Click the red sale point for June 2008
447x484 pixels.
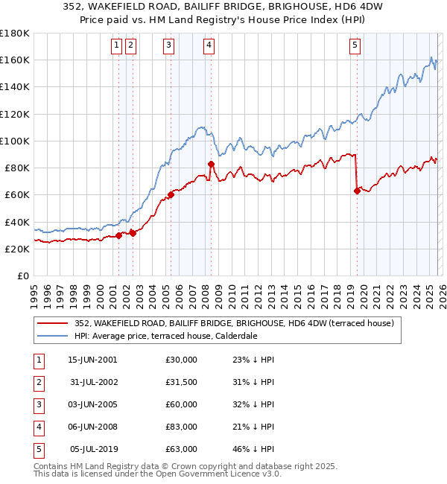211,164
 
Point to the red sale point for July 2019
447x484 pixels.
357,191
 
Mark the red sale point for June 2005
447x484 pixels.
171,195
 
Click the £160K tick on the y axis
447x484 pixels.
14,60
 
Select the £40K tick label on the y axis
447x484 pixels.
16,222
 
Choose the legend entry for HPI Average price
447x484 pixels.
165,336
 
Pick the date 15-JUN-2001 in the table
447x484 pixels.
92,360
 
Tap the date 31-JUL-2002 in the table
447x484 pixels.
92,382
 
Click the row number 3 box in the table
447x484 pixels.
37,404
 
